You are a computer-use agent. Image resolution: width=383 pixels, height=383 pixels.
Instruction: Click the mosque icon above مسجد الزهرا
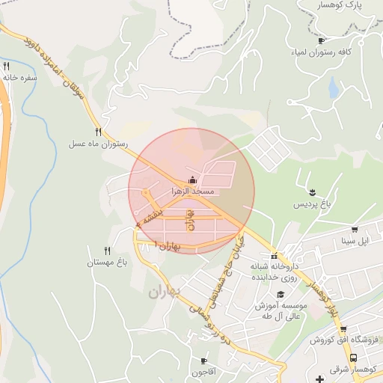pos(193,180)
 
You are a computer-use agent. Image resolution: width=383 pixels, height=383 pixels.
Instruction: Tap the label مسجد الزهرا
pos(193,192)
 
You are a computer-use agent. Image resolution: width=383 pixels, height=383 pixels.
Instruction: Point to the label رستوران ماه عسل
pos(99,144)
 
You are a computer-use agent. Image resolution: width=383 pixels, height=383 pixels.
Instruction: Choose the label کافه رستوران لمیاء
pos(321,54)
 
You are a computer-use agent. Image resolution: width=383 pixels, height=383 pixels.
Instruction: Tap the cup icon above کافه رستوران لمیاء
pos(321,41)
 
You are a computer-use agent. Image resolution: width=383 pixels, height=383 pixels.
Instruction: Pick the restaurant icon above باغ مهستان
pos(107,251)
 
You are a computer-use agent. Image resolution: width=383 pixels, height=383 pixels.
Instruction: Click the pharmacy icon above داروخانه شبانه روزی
pos(275,256)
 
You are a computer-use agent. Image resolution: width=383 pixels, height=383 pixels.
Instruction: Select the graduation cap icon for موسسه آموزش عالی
pos(281,294)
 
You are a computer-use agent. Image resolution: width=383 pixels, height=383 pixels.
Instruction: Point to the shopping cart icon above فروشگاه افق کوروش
pos(343,329)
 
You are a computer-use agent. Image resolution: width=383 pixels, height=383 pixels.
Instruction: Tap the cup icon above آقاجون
pos(204,361)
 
